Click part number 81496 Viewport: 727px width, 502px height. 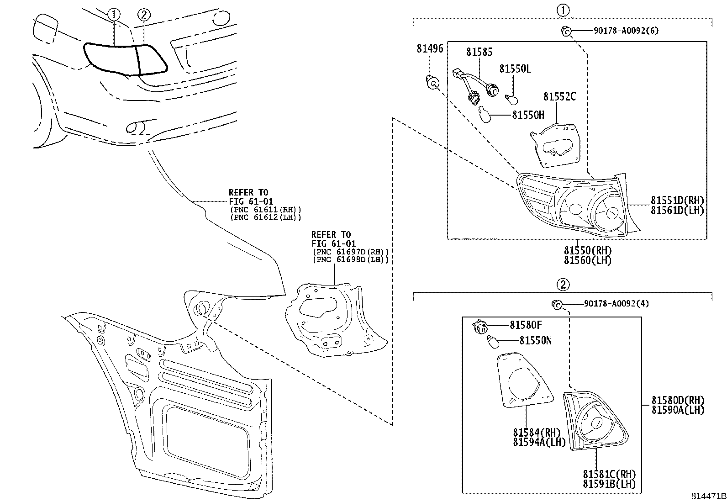pyautogui.click(x=429, y=48)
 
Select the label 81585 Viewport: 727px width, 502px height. pyautogui.click(x=479, y=52)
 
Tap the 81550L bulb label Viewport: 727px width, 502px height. pyautogui.click(x=515, y=69)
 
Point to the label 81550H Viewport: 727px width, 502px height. pyautogui.click(x=528, y=115)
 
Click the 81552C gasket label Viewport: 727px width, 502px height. pyautogui.click(x=559, y=97)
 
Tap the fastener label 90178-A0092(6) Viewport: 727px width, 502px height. pyautogui.click(x=626, y=31)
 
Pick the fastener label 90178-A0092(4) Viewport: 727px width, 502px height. pyautogui.click(x=616, y=304)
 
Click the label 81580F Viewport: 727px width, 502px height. pyautogui.click(x=526, y=325)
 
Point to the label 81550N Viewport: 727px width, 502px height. pyautogui.click(x=535, y=341)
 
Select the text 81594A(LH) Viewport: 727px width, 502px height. pyautogui.click(x=539, y=442)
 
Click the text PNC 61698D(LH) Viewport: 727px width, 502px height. pyautogui.click(x=351, y=259)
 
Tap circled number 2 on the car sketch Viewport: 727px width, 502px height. pyautogui.click(x=143, y=15)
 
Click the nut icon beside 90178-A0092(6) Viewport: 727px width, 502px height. pyautogui.click(x=565, y=31)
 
